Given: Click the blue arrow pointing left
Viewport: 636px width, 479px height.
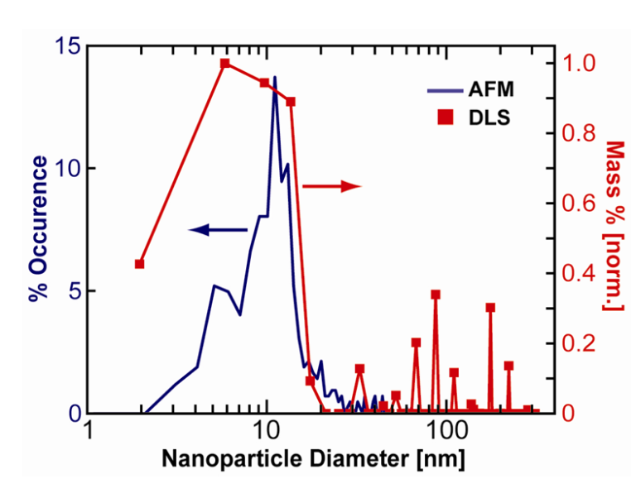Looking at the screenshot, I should click(218, 230).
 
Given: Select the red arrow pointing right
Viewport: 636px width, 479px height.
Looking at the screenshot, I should click(332, 187).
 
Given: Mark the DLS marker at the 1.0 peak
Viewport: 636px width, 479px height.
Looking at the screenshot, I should click(224, 64).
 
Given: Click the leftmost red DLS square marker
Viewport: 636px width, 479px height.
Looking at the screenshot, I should click(139, 264).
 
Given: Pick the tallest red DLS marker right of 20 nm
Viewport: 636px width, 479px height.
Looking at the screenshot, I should click(435, 295).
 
